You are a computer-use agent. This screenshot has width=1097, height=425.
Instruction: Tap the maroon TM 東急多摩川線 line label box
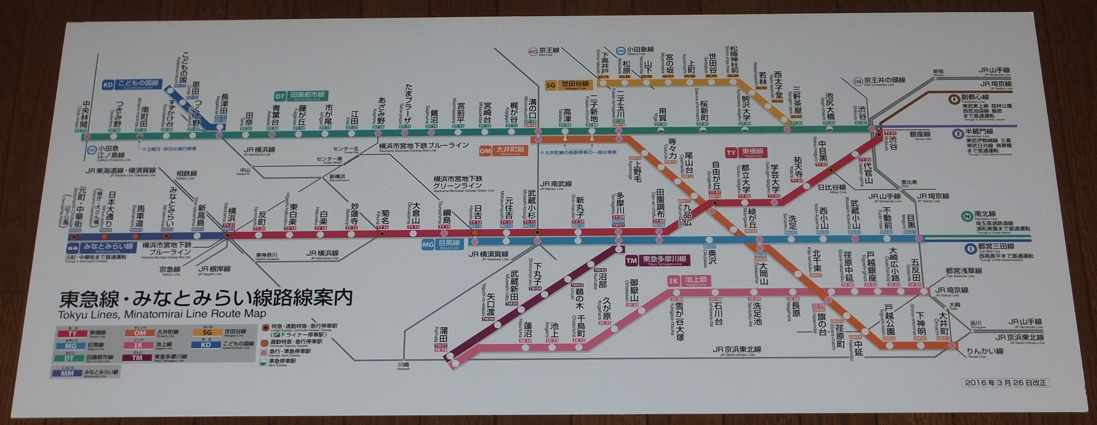656,259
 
